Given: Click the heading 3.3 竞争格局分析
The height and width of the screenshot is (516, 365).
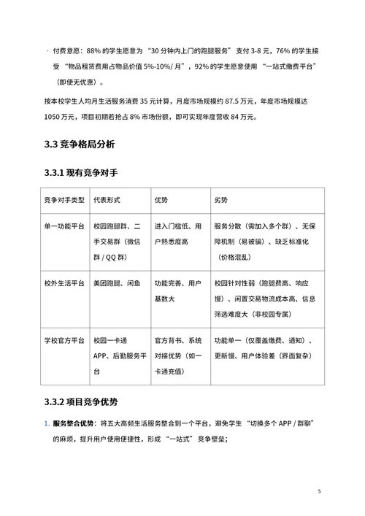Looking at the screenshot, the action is pyautogui.click(x=79, y=145).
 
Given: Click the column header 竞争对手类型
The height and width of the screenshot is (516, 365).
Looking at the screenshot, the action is pyautogui.click(x=64, y=200).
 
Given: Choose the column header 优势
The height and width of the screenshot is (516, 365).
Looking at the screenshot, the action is pyautogui.click(x=161, y=200).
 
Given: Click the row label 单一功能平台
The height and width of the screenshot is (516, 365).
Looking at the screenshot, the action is pyautogui.click(x=64, y=226).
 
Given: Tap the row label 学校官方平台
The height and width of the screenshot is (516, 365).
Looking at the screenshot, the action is pyautogui.click(x=64, y=341).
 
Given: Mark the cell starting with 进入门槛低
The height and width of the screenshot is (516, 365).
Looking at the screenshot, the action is pyautogui.click(x=177, y=234).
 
